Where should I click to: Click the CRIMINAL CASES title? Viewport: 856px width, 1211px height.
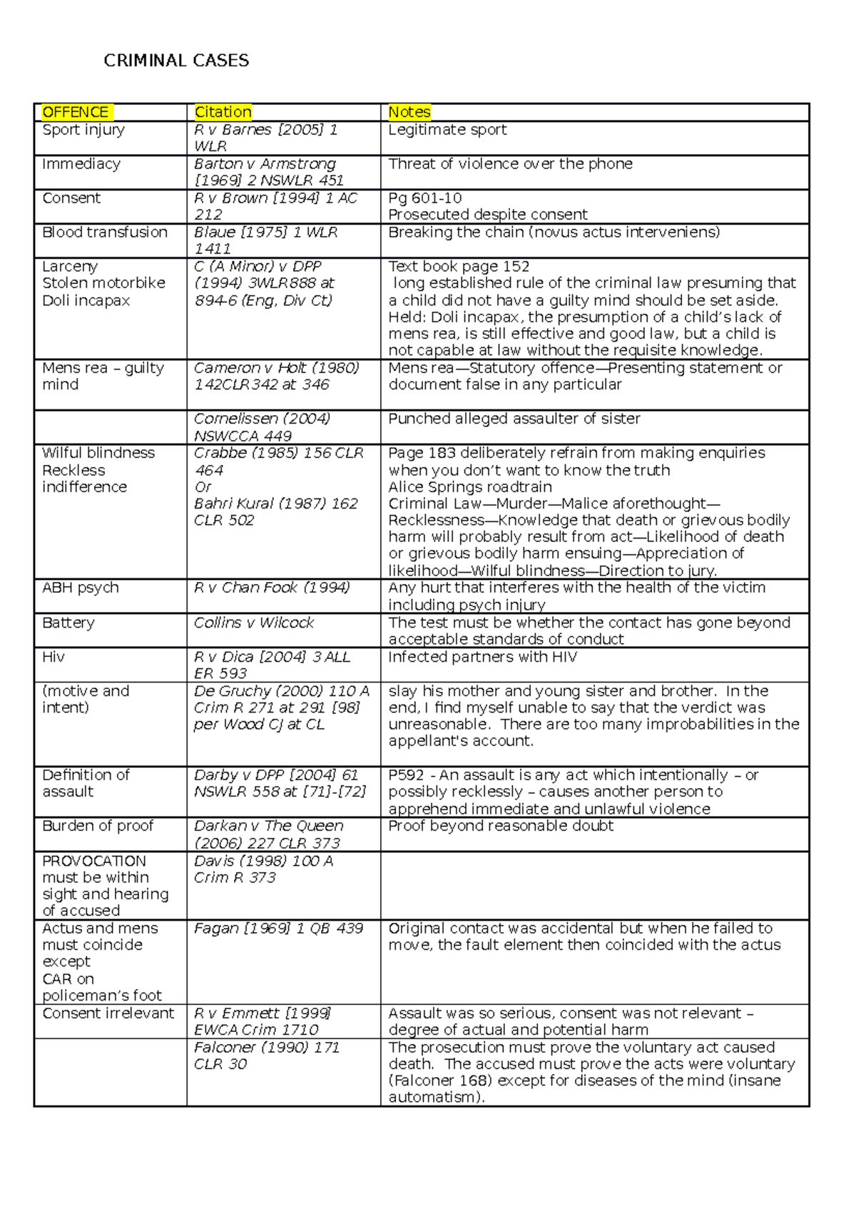[176, 61]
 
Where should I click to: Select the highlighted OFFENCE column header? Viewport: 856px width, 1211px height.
[76, 112]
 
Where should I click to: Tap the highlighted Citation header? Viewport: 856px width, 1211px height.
[223, 112]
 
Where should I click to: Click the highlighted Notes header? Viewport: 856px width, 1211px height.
[409, 112]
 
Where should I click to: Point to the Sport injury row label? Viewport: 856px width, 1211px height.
[83, 130]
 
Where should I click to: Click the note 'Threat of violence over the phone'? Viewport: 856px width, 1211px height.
[510, 164]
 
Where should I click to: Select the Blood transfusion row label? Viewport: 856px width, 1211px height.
[105, 233]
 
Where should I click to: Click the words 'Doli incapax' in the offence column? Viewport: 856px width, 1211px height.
[86, 300]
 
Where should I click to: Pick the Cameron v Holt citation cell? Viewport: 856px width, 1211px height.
[276, 376]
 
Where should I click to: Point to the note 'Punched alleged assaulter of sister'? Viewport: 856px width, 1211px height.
[514, 419]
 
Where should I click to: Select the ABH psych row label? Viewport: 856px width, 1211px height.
[80, 588]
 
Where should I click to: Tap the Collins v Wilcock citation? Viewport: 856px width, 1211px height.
[253, 623]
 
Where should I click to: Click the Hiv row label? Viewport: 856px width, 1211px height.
[53, 657]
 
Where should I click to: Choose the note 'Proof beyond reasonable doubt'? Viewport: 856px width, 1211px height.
[501, 826]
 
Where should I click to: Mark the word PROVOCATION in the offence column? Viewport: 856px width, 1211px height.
[93, 861]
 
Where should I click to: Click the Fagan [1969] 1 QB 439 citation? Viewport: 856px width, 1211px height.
[278, 929]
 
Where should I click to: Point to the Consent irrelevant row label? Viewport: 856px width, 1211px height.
[108, 1013]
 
